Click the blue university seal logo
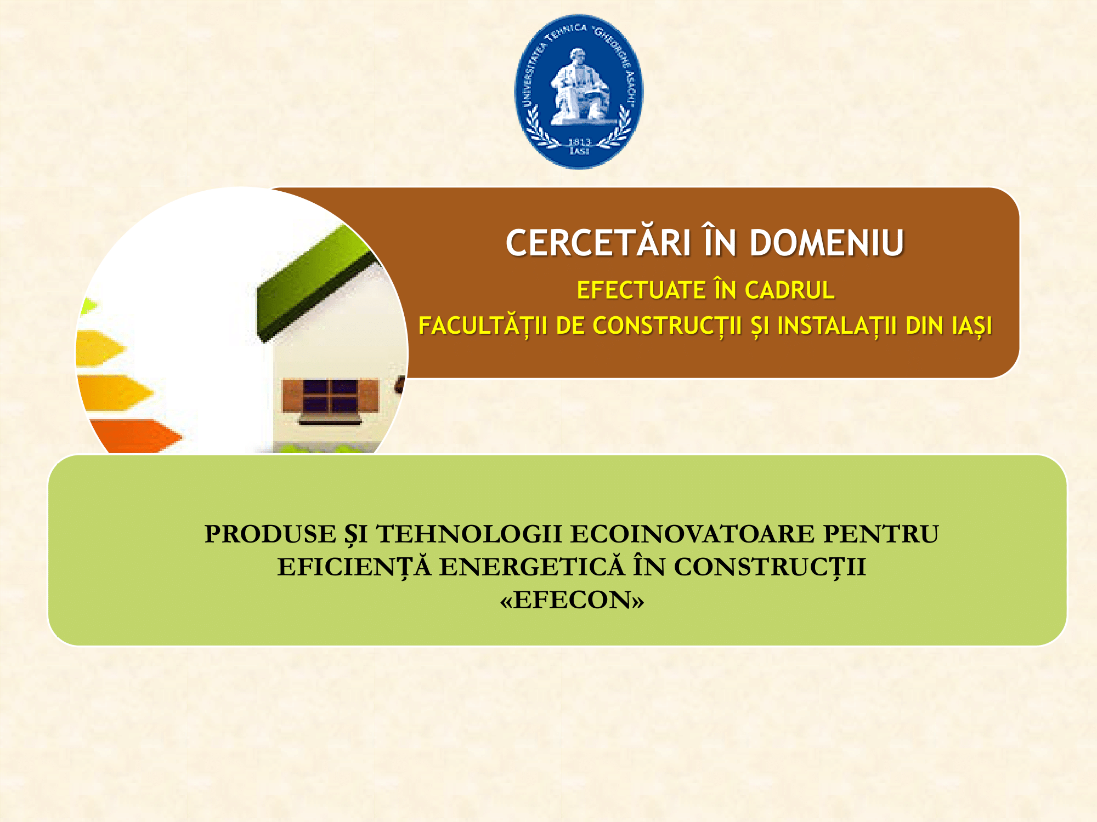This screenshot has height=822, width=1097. pos(579,92)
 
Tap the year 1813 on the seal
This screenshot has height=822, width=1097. pos(579,142)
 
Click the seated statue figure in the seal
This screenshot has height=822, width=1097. pos(580,87)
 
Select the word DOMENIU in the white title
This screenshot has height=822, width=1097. pos(827,243)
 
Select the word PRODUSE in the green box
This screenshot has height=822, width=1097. pos(270,534)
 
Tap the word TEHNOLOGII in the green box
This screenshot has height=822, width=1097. pos(469,534)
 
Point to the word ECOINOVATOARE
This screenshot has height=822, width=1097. pos(692,534)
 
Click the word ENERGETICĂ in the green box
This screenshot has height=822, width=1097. pos(532,566)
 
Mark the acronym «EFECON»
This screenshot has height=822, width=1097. pos(572,600)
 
